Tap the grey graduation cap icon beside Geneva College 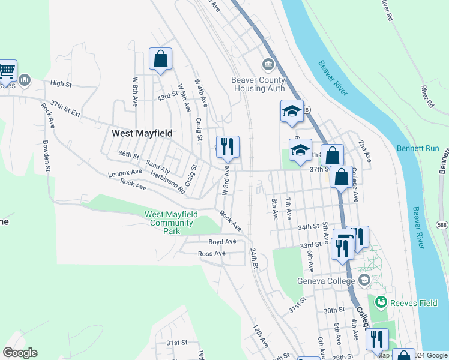364,280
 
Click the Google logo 20,353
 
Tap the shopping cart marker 7,71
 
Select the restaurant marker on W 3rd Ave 228,146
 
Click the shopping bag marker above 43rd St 160,59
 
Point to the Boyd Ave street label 222,242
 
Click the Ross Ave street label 211,254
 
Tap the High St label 61,84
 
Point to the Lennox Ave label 125,173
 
